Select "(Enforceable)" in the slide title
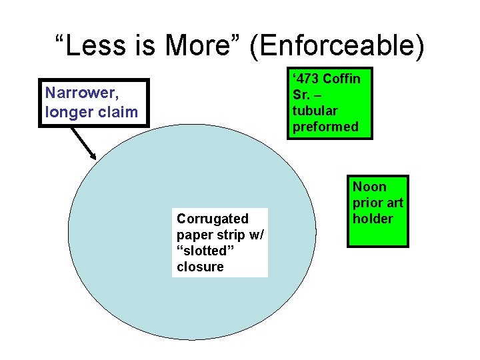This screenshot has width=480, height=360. point(339,46)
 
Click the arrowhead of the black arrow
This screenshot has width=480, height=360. point(93,155)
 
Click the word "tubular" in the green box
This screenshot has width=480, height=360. point(315,111)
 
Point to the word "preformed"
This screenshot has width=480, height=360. point(325,127)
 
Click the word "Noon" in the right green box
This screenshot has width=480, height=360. point(369,187)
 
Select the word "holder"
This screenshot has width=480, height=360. point(373,219)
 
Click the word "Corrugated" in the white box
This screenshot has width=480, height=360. point(212,219)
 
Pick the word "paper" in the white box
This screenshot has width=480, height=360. point(194,235)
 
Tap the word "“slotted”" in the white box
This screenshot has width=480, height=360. point(201,251)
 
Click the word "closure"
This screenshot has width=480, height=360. point(200,267)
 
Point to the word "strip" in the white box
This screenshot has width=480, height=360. point(231,235)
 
